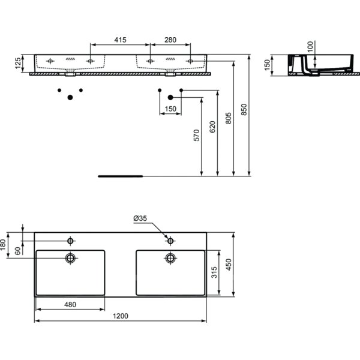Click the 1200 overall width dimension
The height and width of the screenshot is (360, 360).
click(x=121, y=316)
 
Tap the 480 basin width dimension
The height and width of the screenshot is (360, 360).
click(x=70, y=304)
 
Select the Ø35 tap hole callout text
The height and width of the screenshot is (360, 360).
click(x=140, y=218)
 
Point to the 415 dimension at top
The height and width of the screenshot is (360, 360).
click(x=121, y=40)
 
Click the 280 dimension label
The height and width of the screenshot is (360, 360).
click(x=170, y=40)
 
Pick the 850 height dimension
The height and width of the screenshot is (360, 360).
click(x=244, y=110)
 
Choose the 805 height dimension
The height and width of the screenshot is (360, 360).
click(x=228, y=118)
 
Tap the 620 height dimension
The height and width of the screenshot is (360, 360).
click(x=212, y=127)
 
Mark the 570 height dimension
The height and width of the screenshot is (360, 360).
click(x=197, y=135)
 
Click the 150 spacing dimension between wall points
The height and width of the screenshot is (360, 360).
click(x=170, y=109)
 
